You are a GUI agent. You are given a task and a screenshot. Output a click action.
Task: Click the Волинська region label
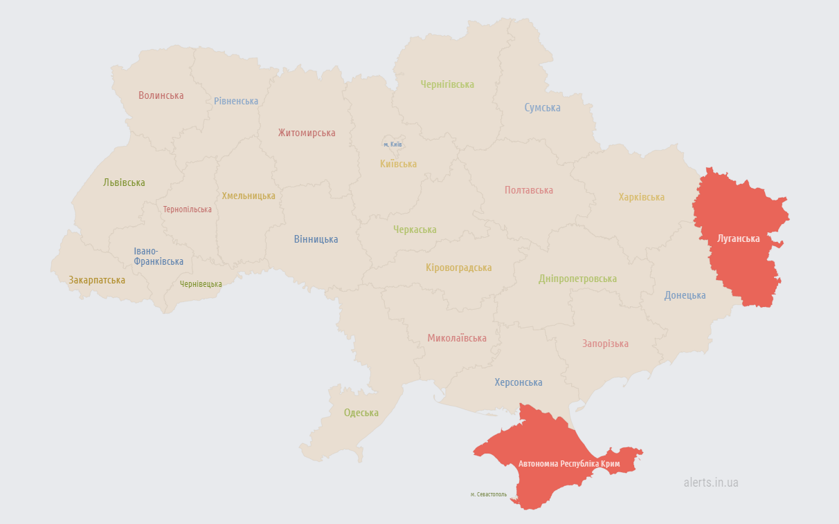(x=161, y=95)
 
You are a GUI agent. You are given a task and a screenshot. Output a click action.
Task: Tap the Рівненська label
(x=236, y=101)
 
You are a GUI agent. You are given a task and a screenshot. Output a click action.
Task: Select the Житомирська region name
(x=307, y=133)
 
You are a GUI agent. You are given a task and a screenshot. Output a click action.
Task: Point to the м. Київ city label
(x=393, y=144)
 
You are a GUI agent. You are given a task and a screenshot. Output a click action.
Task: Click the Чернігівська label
(x=447, y=84)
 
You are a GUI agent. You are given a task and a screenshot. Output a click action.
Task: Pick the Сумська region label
(x=542, y=108)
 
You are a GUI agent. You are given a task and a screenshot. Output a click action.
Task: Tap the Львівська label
(x=124, y=183)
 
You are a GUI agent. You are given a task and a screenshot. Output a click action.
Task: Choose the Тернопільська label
(x=188, y=209)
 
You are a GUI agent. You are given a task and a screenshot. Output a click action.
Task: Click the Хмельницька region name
(x=249, y=196)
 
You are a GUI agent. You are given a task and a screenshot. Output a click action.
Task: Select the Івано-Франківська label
(x=159, y=256)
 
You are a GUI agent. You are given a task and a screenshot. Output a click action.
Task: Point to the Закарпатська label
(x=97, y=280)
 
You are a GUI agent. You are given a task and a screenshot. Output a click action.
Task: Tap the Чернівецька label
(x=201, y=284)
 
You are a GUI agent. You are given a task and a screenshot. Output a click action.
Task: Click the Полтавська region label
(x=529, y=190)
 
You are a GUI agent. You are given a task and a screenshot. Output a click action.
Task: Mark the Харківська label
(x=641, y=197)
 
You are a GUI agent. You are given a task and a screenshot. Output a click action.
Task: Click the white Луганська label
(x=739, y=238)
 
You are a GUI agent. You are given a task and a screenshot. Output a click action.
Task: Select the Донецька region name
(x=685, y=295)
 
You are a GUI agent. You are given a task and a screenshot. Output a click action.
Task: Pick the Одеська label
(x=361, y=413)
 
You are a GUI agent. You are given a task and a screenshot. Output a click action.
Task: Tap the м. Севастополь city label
(x=489, y=494)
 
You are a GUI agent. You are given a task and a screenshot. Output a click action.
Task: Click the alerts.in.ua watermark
(x=710, y=483)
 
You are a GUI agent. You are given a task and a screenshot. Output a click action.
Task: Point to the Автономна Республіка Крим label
(x=569, y=464)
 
